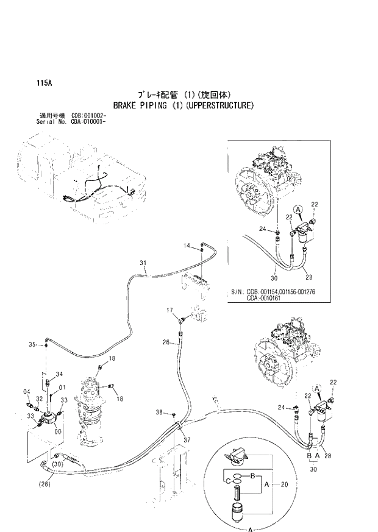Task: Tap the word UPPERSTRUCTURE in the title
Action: [219, 105]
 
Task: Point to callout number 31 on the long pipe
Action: [143, 263]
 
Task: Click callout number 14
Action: [187, 245]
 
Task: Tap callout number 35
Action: [34, 346]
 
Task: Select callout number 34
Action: [59, 374]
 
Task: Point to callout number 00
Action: [58, 431]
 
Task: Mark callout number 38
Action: [159, 413]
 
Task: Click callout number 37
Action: [188, 440]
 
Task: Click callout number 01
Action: [62, 387]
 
